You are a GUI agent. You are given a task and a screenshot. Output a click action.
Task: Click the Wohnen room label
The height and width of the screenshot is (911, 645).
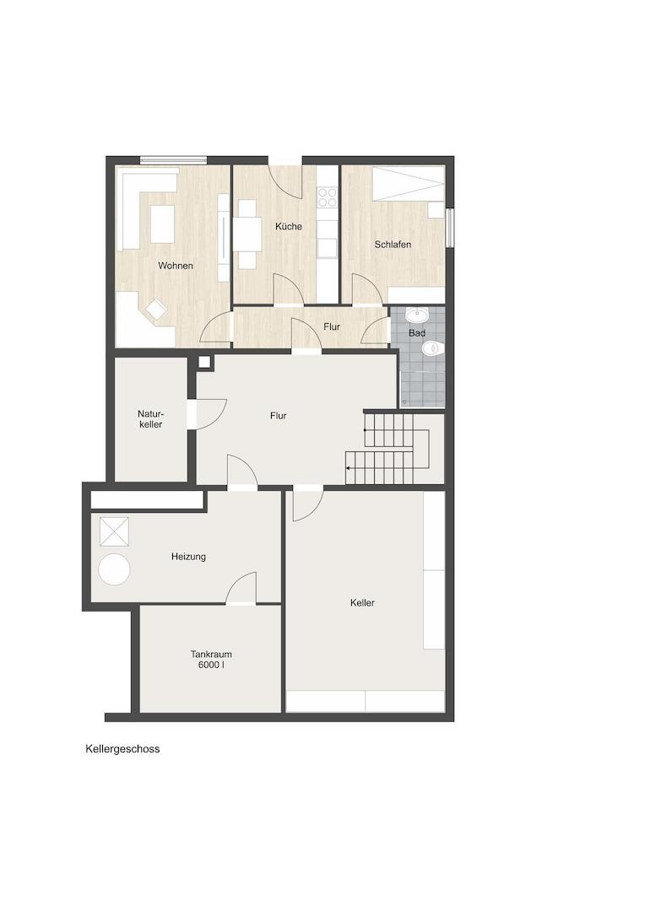click(175, 266)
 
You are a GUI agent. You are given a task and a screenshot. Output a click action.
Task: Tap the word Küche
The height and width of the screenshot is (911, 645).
click(289, 226)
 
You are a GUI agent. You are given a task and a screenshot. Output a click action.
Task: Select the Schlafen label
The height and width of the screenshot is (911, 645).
click(393, 245)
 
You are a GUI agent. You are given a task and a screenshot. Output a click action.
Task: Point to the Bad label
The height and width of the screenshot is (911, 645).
click(417, 333)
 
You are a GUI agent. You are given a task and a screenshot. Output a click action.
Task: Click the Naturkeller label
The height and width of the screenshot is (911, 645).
click(150, 419)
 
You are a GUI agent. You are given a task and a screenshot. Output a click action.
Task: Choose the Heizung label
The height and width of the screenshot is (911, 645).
click(188, 557)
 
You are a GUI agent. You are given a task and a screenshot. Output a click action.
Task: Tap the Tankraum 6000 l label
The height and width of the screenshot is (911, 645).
click(211, 660)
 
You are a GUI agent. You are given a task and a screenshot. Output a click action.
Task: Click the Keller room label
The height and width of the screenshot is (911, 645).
click(362, 603)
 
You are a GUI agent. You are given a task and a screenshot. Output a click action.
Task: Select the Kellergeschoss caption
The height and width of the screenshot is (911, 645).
click(122, 749)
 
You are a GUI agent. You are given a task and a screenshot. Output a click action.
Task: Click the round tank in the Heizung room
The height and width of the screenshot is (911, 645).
click(114, 569)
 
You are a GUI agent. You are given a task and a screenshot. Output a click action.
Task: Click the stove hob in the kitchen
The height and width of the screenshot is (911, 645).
click(327, 197)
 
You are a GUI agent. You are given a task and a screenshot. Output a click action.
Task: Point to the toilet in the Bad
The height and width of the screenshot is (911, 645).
click(432, 348)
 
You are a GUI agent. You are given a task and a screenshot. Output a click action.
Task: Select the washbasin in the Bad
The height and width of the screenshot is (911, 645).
click(417, 315)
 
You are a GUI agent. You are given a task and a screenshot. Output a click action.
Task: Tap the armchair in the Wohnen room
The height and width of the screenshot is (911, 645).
click(156, 309)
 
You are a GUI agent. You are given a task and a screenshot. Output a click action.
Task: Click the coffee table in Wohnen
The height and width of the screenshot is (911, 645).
click(163, 224)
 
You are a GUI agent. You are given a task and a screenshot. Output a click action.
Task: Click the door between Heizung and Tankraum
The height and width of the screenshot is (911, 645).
click(241, 588)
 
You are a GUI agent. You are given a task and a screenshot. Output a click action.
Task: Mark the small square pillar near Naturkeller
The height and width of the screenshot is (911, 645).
click(204, 362)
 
